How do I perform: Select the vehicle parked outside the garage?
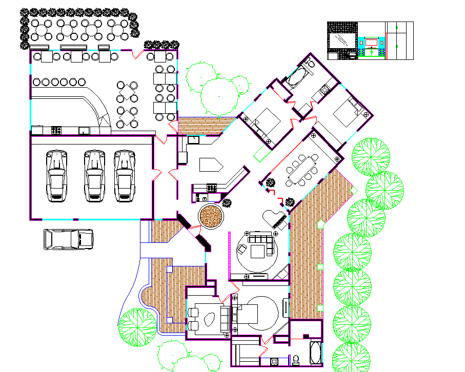coord(68,239)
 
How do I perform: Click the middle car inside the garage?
coord(94,175)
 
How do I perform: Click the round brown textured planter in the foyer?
coord(211,217)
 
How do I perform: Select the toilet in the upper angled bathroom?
coord(309,64)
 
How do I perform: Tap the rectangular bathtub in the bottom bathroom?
coord(316,355)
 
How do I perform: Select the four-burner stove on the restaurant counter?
coord(56,130)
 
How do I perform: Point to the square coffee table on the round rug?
coord(257,251)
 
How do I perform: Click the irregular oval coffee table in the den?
coord(209,319)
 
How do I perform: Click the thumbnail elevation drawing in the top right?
coord(370,41)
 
